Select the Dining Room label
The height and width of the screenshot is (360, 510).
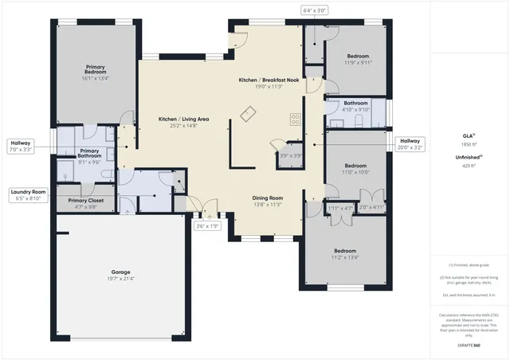coord(267,201)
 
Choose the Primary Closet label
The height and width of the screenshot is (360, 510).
coord(87,203)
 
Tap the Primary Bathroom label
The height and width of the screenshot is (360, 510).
coord(90,158)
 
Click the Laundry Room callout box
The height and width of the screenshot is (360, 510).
coord(29,194)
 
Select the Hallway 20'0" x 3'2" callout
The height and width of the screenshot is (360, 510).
coord(410,143)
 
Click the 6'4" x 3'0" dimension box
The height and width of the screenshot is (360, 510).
coord(316,10)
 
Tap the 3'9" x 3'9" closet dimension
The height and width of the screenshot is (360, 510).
coord(290,156)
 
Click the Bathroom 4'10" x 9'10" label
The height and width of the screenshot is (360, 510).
coord(357,107)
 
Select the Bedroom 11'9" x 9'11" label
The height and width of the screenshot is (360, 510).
coord(358,61)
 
